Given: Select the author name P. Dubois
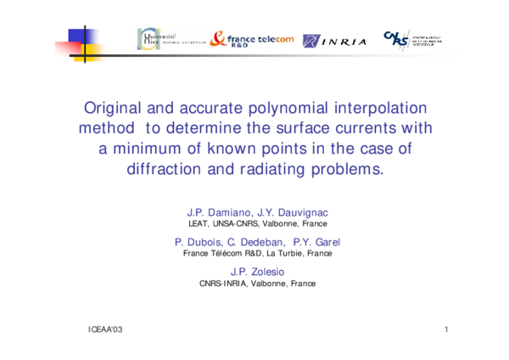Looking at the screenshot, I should click(x=199, y=241).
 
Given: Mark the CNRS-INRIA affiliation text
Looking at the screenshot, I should click(x=224, y=284).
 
